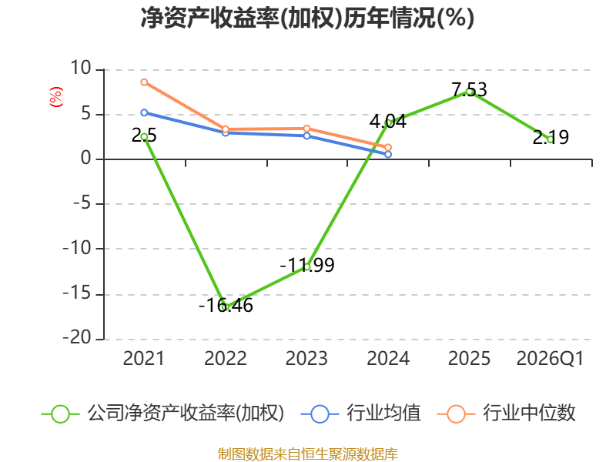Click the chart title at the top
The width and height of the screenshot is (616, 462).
[307, 18]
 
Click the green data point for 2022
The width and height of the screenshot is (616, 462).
[226, 307]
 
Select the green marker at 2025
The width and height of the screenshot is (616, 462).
[470, 92]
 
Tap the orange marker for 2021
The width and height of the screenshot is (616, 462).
[144, 82]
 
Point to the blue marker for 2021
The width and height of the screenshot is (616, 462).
[144, 112]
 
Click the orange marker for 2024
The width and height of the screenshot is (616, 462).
[388, 147]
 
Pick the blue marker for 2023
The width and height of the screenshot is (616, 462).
[306, 136]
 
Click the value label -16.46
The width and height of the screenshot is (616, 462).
[226, 305]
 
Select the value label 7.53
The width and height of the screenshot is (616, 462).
[470, 89]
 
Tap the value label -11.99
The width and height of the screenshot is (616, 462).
[307, 265]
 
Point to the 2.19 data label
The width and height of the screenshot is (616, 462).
[551, 137]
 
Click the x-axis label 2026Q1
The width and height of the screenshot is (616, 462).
[550, 358]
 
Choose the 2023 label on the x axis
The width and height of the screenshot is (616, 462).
[306, 358]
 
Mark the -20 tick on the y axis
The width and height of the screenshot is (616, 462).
[77, 337]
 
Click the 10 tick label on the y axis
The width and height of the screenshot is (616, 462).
[81, 68]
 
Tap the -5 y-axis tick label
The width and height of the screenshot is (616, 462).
[82, 203]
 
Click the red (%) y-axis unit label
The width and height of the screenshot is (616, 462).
[55, 97]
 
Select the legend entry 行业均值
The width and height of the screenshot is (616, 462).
[360, 413]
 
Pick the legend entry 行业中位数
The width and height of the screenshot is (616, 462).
[507, 413]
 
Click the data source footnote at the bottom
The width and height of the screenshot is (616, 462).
[307, 454]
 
